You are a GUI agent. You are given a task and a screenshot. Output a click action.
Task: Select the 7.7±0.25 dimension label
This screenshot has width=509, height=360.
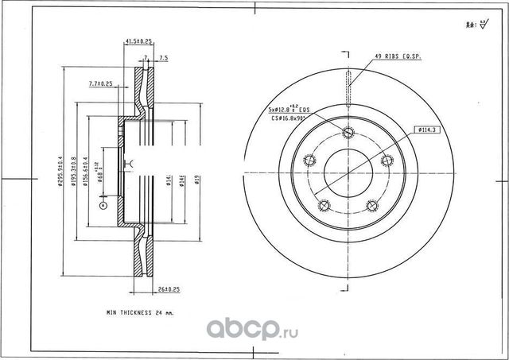(x=100, y=83)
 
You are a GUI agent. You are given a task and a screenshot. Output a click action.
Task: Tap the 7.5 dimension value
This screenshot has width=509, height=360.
(x=163, y=58)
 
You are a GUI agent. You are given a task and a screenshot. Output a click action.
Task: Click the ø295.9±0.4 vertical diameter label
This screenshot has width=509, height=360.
(x=60, y=173)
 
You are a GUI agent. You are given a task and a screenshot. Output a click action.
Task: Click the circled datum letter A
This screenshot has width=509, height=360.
(x=102, y=205)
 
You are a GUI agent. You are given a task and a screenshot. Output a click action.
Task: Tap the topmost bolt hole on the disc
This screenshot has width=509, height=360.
(x=348, y=133)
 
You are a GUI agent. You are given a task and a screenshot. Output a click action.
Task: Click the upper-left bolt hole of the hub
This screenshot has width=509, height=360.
(x=310, y=161)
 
